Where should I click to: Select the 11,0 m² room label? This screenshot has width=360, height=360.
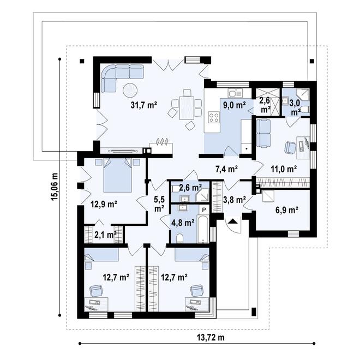pos(283,169)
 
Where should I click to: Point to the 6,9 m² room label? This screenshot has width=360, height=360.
pos(285,209)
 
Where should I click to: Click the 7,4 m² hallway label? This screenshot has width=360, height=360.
pos(225,169)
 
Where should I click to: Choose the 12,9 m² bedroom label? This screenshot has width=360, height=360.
pos(104,205)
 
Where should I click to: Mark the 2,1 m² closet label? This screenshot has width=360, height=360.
pos(105,235)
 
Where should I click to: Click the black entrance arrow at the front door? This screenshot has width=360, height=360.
pos(232,221)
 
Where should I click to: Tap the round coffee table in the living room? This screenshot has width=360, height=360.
pos(130,90)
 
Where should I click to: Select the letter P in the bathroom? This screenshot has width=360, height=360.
pos(204,209)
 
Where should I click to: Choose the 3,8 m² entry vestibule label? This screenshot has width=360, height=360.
pos(235,200)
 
